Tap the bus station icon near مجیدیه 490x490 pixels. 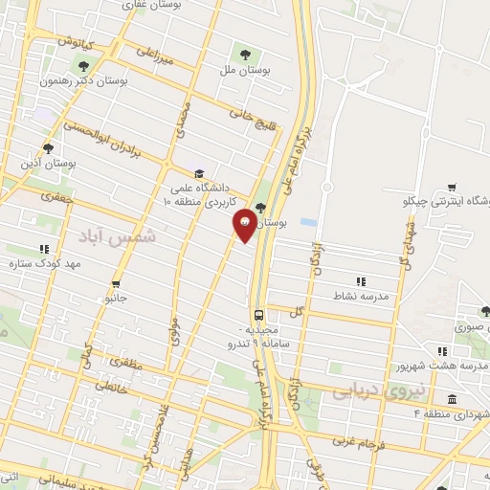pos(258,315)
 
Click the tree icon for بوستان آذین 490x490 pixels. pos(48,148)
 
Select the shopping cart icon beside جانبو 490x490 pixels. pos(115,284)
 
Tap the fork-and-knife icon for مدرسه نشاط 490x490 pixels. pos(361,280)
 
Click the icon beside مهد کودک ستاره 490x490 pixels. pos(43,249)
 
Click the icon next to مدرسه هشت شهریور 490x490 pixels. pos(441,351)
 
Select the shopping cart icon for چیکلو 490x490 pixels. pos(451,187)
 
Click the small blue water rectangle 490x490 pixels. pos(307,222)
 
